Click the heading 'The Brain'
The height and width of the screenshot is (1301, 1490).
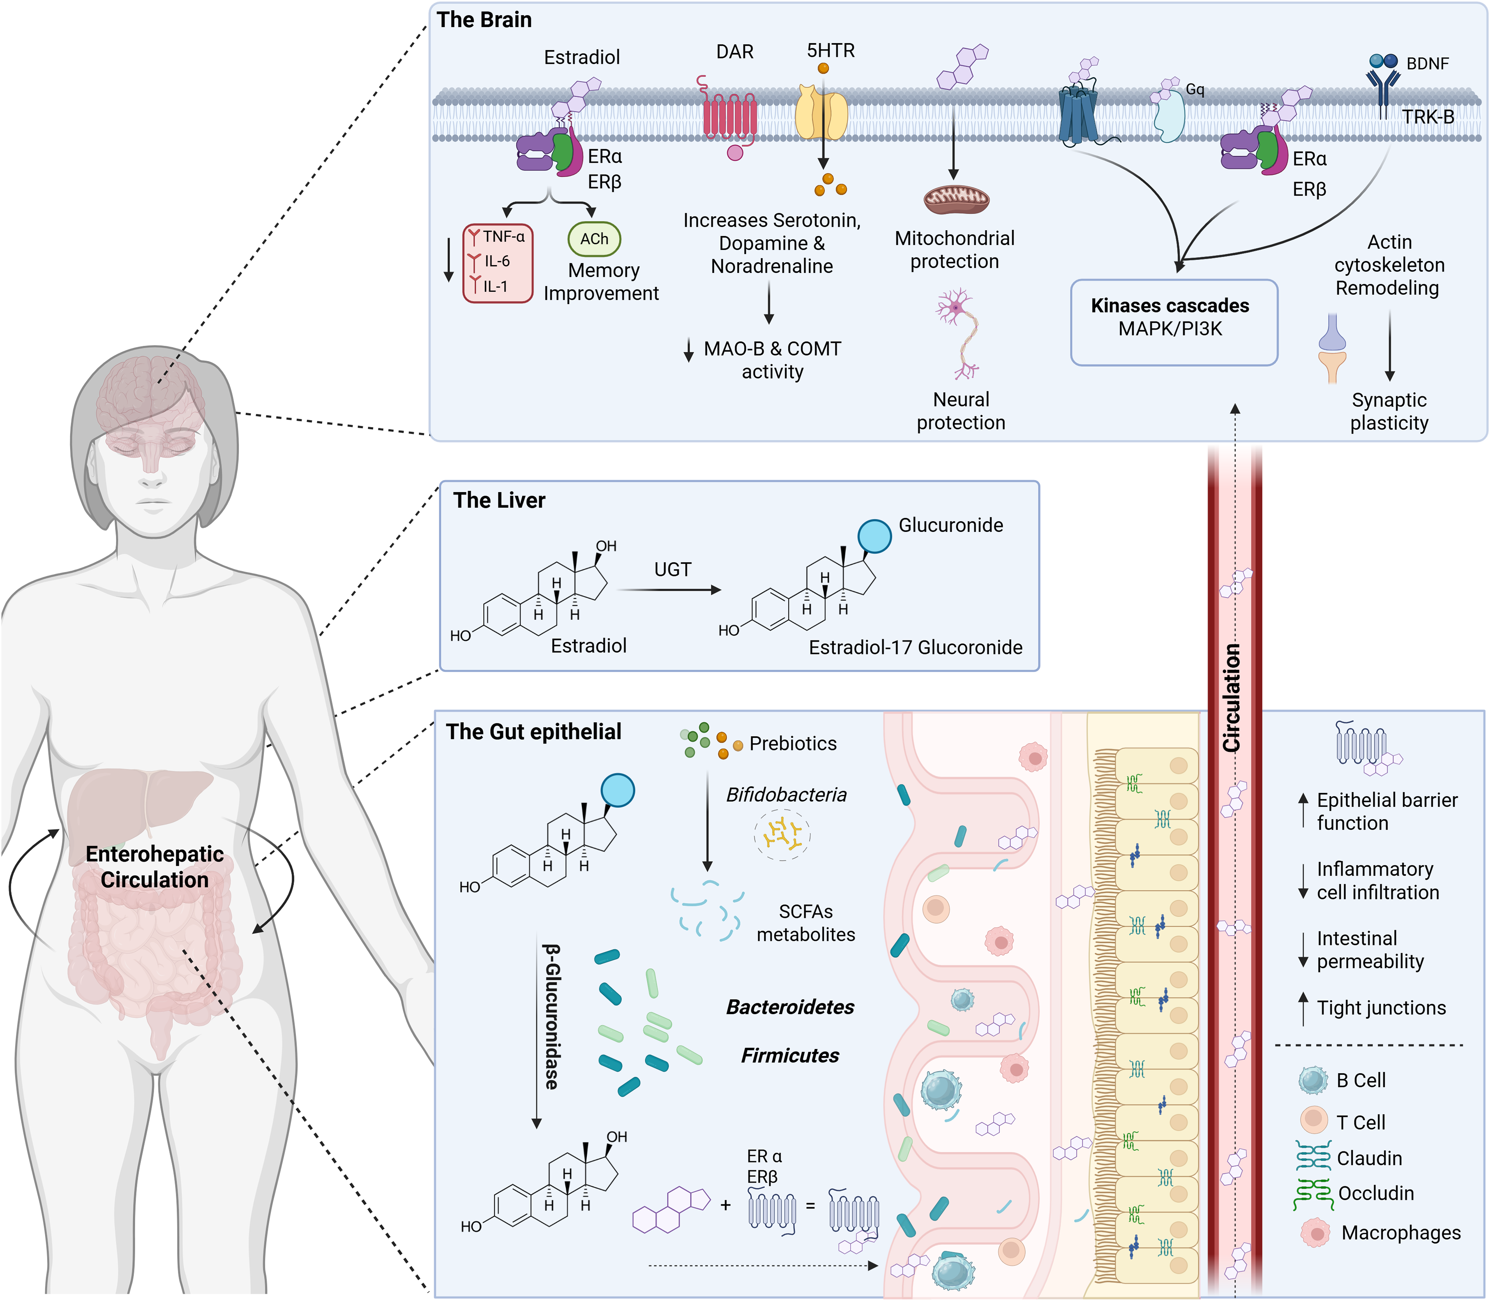click(x=484, y=20)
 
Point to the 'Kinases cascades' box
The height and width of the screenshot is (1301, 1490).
click(x=1174, y=321)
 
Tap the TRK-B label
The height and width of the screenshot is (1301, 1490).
click(x=1428, y=117)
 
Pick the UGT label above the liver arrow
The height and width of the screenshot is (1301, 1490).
click(x=673, y=570)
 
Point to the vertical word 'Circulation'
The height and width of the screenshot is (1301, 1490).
click(x=1232, y=698)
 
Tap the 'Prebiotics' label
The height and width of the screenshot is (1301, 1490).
click(x=793, y=744)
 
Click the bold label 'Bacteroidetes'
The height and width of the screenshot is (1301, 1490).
click(x=790, y=1007)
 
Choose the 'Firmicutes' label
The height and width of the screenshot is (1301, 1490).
click(x=790, y=1056)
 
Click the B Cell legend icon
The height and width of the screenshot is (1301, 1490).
click(x=1313, y=1080)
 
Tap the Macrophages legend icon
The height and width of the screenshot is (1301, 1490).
click(x=1315, y=1233)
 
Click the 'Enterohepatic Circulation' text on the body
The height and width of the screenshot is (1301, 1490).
click(x=155, y=867)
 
